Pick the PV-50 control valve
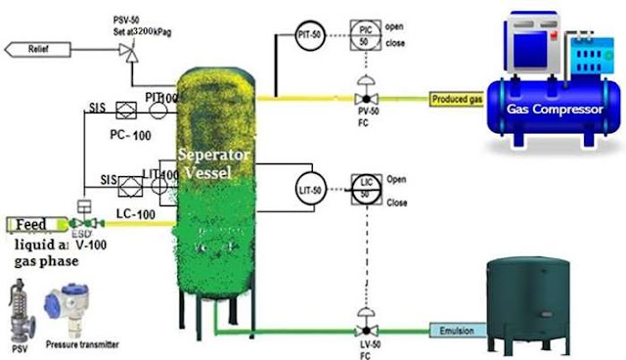point(365,99)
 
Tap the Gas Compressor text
point(555,109)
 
